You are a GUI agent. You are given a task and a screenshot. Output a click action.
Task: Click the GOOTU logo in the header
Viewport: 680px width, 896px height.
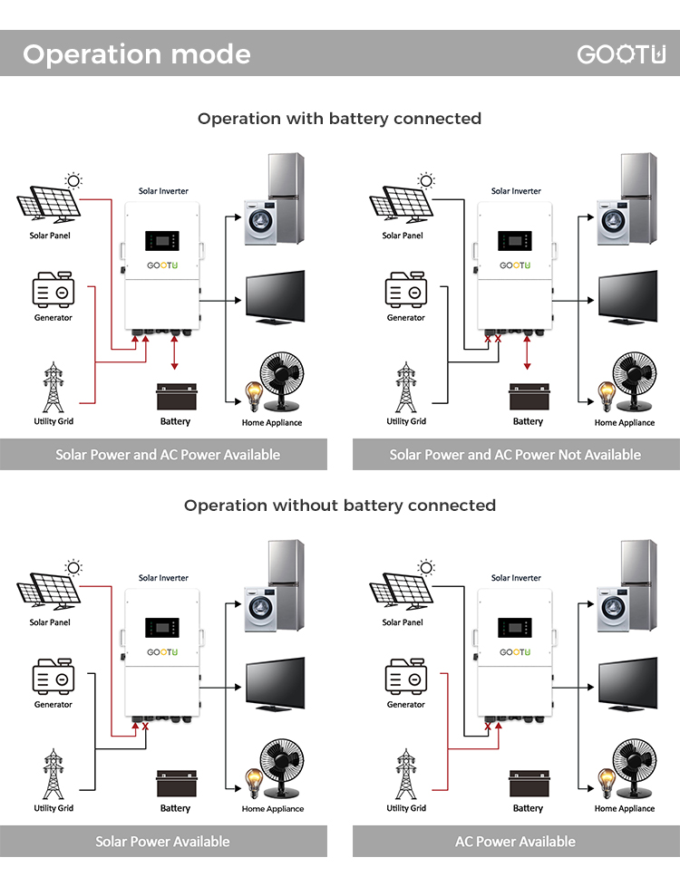621,54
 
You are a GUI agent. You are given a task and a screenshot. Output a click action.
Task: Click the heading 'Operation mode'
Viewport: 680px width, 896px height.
137,54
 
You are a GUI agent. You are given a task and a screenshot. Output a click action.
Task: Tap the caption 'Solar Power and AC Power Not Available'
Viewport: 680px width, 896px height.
515,455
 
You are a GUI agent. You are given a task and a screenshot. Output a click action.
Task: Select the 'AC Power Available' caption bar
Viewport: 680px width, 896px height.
516,841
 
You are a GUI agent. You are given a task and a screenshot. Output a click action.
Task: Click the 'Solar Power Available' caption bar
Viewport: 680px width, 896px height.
163,841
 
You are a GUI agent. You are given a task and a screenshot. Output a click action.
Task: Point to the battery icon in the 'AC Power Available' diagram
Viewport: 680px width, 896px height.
529,784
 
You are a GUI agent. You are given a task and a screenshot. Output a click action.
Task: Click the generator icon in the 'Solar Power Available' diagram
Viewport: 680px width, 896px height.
53,677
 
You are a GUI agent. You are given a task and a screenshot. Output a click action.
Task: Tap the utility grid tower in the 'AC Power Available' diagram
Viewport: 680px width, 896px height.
406,774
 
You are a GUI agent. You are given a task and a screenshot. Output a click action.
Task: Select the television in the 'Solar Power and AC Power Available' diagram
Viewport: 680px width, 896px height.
275,297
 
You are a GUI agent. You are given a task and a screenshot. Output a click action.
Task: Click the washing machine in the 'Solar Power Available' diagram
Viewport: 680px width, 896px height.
260,609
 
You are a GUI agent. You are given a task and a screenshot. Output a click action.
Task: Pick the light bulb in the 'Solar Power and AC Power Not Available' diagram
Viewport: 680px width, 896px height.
607,396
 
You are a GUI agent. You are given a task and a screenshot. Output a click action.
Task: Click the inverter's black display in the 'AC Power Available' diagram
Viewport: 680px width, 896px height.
515,628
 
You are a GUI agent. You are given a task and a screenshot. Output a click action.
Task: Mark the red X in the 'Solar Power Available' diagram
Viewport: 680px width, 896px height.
145,727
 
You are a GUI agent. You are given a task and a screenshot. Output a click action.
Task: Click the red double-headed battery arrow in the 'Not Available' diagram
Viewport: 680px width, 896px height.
528,352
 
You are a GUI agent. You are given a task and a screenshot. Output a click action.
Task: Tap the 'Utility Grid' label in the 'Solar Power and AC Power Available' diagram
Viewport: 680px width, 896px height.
53,421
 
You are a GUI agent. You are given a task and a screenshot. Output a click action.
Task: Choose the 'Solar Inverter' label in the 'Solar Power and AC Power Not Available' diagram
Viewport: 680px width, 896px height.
516,191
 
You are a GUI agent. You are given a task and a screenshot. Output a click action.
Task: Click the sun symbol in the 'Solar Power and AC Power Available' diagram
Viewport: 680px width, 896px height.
73,181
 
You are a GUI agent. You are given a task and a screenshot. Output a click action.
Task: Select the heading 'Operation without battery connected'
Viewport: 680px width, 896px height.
340,506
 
